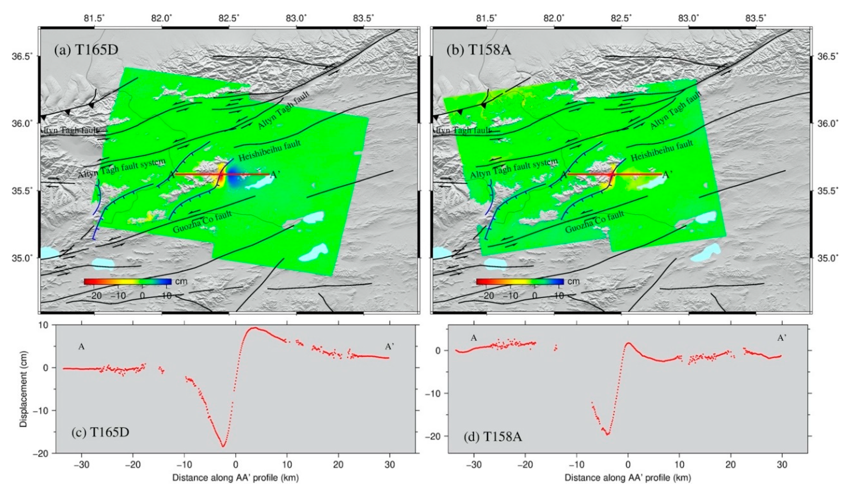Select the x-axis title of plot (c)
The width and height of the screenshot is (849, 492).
235,478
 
